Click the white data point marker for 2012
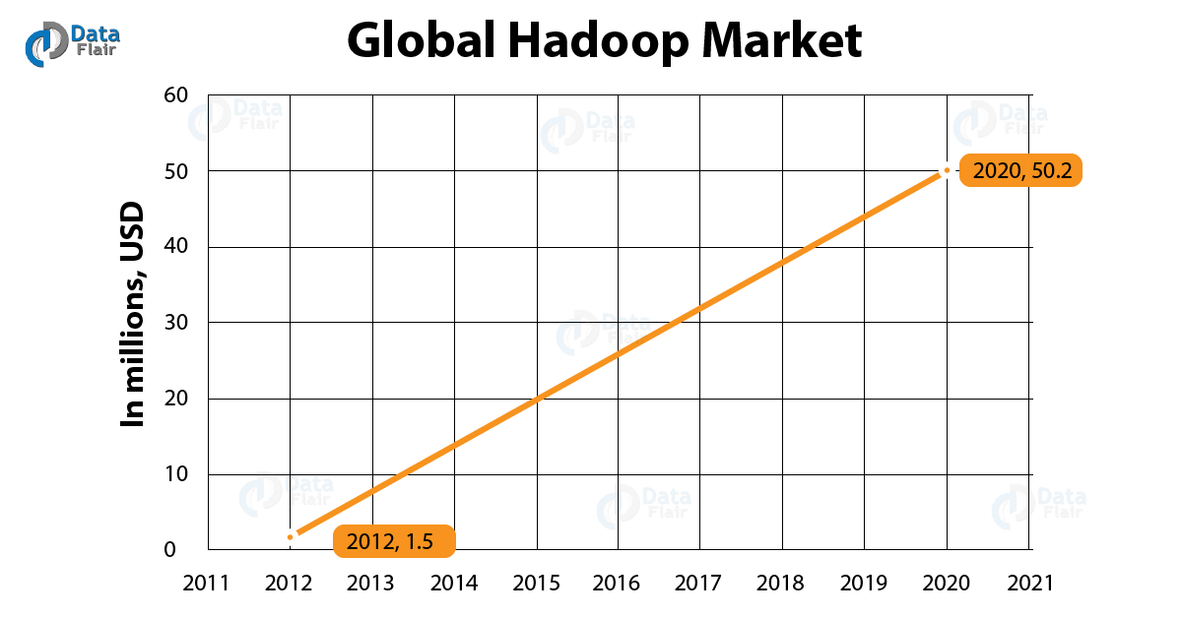[x=290, y=537]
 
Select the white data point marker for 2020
[x=947, y=170]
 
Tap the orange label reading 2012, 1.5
[x=394, y=541]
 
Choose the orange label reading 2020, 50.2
[x=1020, y=171]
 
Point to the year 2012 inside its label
[x=369, y=541]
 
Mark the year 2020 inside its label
[x=995, y=171]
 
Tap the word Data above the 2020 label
[x=1022, y=112]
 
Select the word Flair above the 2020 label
[x=1023, y=128]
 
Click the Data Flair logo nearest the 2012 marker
[x=286, y=492]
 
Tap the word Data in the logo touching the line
[x=625, y=322]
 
